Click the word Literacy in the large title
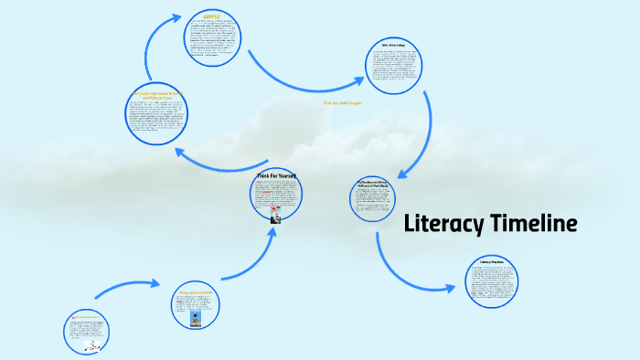(x=446, y=224)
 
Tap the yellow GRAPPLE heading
(x=213, y=16)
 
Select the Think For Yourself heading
(x=276, y=175)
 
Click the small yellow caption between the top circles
(x=343, y=103)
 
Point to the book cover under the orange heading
(x=196, y=319)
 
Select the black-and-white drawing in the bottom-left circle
(x=91, y=346)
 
